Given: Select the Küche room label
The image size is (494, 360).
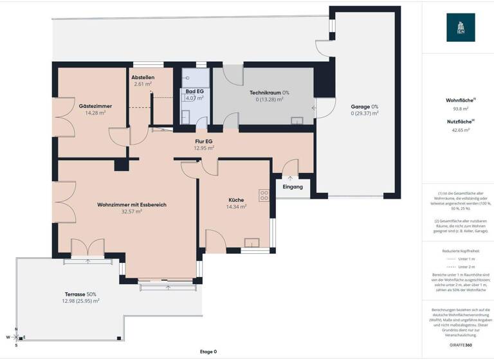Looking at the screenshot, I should tap(236, 199).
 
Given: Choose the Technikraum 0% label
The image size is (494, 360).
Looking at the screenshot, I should tap(270, 93).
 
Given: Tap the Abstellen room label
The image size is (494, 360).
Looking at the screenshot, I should tap(143, 77).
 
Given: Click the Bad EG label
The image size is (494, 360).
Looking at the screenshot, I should tap(194, 91).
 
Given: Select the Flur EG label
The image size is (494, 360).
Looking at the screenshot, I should tap(204, 141).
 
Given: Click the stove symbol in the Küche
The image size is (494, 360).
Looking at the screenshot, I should tap(264, 195).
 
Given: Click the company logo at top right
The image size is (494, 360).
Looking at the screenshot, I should tap(461, 28).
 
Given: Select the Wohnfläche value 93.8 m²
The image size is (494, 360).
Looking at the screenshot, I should tap(461, 109).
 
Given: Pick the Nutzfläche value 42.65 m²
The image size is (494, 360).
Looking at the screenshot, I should tap(461, 130).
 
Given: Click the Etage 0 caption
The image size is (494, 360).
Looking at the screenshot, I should tap(208, 352).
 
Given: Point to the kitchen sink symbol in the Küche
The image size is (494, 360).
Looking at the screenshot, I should tap(251, 242).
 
